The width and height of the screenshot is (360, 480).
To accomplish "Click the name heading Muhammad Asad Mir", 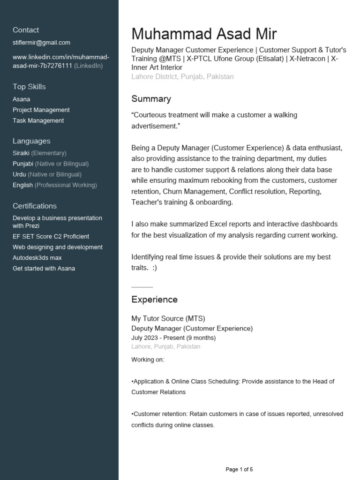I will tap(204, 34).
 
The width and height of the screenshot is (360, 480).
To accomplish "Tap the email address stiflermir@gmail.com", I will tap(41, 42).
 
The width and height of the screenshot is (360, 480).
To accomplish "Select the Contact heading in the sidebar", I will tap(26, 30).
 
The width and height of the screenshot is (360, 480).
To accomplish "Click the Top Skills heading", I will tap(29, 87).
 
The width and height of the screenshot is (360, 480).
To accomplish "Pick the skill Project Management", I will tap(41, 110).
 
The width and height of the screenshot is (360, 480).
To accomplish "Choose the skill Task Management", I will tap(38, 120).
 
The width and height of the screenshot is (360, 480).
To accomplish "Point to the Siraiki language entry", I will tap(39, 153).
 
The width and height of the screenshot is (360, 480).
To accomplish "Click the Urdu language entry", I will tap(47, 174).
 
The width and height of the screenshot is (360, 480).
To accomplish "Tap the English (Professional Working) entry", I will tap(55, 185).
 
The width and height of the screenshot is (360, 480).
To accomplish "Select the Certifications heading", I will tap(35, 206).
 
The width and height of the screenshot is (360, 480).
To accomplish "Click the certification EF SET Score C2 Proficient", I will tap(51, 236).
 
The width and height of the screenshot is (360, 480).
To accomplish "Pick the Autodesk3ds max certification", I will tap(37, 258).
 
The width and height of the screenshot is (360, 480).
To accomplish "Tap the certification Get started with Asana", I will tap(44, 269).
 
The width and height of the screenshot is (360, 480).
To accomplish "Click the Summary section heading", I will tap(151, 99).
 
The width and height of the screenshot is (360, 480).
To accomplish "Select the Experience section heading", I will tap(154, 300).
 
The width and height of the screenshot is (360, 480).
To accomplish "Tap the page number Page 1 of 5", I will tap(239, 469).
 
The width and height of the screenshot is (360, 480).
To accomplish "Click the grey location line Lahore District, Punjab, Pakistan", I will tap(182, 76).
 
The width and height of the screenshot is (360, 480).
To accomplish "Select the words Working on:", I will tap(148, 360).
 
